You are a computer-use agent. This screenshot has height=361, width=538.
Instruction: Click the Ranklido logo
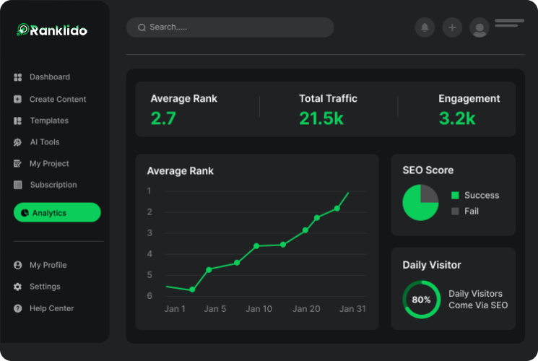pos(52,30)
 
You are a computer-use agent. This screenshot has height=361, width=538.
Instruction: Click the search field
pos(230,27)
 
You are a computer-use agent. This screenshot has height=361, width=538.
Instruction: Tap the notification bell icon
pos(425,27)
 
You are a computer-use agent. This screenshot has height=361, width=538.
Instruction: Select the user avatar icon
pos(479,27)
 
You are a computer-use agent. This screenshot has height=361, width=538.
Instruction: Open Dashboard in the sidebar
pos(49,77)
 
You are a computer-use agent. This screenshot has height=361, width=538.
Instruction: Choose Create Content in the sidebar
pos(57,100)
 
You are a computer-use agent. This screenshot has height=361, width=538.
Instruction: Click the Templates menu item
pos(48,121)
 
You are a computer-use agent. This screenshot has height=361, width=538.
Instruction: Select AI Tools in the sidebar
pos(44,142)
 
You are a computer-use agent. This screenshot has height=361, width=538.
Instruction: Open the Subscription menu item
pos(53,185)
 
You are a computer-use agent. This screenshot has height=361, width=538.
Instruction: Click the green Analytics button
pos(57,213)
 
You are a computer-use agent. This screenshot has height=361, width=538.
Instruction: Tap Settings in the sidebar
pos(44,287)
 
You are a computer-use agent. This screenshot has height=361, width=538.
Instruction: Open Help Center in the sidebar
pos(51,308)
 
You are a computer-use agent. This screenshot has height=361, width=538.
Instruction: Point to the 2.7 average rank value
pos(163,118)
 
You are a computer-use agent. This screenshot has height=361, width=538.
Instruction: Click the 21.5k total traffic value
pos(321,118)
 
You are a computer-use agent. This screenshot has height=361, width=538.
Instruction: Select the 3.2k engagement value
pos(457,118)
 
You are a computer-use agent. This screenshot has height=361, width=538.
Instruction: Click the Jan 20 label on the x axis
pos(306,309)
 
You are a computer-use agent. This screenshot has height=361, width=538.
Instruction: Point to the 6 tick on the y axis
pos(149,295)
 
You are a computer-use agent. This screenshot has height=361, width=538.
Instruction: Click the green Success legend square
pos(455,196)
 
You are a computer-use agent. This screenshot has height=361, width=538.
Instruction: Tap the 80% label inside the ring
pos(421,300)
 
